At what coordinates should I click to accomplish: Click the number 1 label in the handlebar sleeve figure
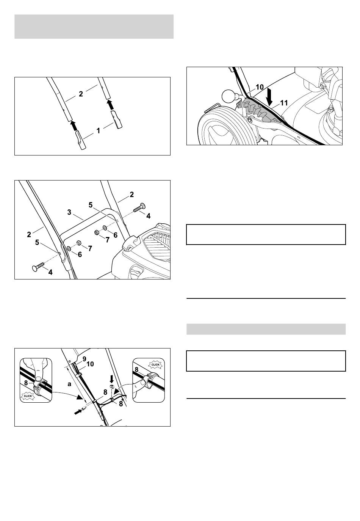click(x=98, y=131)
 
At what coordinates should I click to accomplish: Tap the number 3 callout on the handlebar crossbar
click(x=69, y=212)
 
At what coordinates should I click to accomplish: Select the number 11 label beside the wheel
click(x=284, y=103)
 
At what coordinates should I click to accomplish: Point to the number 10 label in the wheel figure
click(x=260, y=87)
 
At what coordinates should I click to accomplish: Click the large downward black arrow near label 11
click(x=269, y=96)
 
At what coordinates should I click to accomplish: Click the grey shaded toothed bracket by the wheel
click(x=261, y=110)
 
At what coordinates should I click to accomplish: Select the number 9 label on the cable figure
click(x=85, y=359)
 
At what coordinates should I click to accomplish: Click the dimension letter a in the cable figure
click(x=69, y=384)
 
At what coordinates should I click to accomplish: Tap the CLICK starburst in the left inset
click(x=28, y=396)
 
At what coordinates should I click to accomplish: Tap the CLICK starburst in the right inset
click(x=155, y=364)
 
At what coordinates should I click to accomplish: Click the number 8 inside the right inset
click(x=136, y=370)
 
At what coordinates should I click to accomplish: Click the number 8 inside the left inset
click(x=26, y=383)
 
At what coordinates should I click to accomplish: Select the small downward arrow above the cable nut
click(x=112, y=379)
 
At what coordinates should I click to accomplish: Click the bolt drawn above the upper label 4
click(x=139, y=207)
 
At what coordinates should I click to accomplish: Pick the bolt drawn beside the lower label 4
click(x=38, y=266)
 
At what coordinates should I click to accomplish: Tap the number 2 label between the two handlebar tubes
click(x=81, y=94)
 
